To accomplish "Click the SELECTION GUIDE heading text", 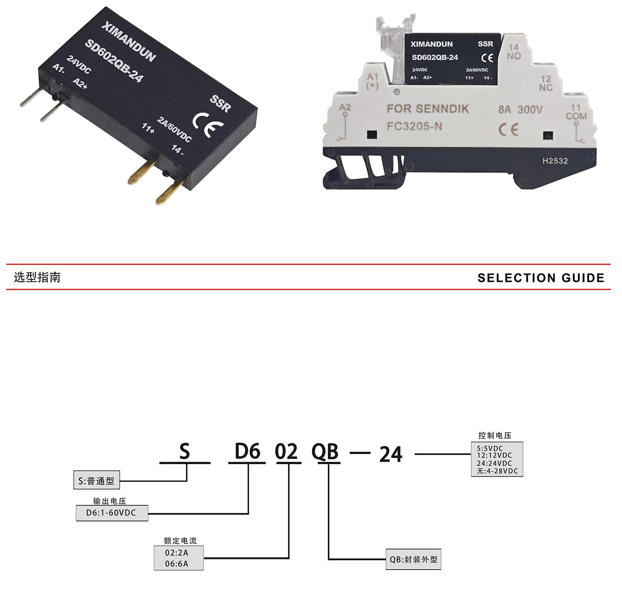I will [541, 278].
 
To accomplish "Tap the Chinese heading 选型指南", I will [37, 278].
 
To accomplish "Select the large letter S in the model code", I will [185, 452].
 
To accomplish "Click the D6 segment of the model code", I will [247, 452].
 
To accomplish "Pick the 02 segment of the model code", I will [287, 452].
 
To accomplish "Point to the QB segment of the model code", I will [325, 452].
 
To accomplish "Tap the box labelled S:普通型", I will [96, 481].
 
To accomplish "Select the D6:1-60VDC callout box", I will [111, 513].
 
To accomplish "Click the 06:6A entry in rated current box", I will [177, 564].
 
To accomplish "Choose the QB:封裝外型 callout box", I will [413, 559].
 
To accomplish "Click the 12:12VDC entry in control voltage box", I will [494, 456].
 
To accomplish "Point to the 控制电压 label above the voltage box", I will [495, 435].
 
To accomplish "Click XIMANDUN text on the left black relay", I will [129, 42].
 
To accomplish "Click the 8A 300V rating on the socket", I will [521, 110].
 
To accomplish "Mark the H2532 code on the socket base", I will [555, 161].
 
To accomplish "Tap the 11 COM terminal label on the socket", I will [576, 112].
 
